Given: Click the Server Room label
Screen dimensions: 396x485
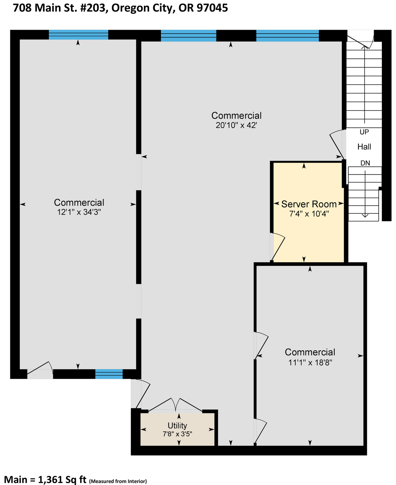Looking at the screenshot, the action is (x=309, y=204).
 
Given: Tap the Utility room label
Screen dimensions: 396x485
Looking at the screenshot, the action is (x=177, y=426).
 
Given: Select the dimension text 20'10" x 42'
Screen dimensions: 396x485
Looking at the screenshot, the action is (x=236, y=125).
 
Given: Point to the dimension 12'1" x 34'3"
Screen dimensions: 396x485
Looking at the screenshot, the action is (x=79, y=212).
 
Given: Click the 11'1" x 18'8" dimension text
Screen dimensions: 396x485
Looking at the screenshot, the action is (x=310, y=363).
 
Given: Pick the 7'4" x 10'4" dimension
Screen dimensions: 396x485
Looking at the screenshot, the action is (x=309, y=214).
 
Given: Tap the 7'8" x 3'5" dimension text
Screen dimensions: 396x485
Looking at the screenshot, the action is (x=177, y=434).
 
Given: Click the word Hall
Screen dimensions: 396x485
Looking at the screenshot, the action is (x=364, y=147).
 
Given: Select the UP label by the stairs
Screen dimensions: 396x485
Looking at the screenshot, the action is (x=364, y=132).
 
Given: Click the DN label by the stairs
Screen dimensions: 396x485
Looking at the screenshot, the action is (x=365, y=163).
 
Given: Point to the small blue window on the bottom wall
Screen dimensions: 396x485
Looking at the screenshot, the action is (x=109, y=374).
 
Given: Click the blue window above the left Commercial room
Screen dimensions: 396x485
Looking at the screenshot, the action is (x=78, y=35).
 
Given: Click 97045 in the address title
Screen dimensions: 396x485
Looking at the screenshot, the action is (x=212, y=8).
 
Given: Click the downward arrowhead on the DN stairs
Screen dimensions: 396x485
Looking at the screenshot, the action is (x=365, y=215).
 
